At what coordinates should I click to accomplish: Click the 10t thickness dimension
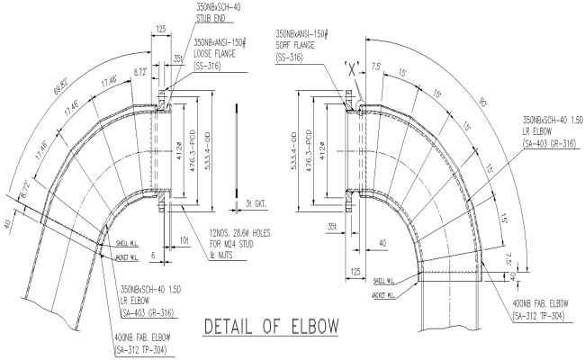pos(184,241)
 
